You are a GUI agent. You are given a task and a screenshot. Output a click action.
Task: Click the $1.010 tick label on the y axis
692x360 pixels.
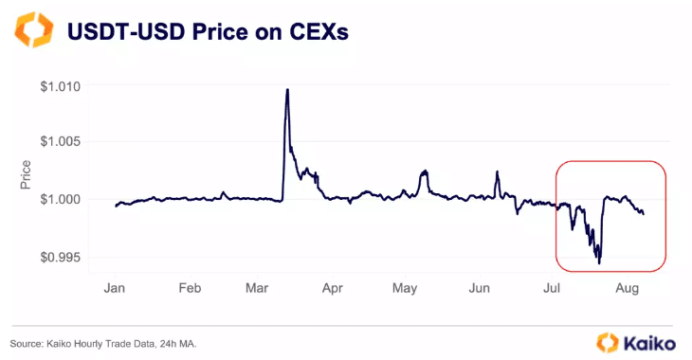[x=63, y=86]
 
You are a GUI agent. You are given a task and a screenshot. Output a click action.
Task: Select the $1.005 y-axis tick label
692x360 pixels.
[x=63, y=142]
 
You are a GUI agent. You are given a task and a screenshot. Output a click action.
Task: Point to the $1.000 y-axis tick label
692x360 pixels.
[x=63, y=199]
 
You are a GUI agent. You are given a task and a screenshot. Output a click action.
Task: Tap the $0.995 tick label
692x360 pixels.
[x=63, y=257]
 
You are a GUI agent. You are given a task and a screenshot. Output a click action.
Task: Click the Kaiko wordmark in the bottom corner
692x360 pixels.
[x=646, y=341]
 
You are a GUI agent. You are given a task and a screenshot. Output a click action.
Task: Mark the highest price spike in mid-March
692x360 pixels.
[x=287, y=90]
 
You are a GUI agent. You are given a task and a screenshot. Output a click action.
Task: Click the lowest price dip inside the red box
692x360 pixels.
[x=599, y=262]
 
